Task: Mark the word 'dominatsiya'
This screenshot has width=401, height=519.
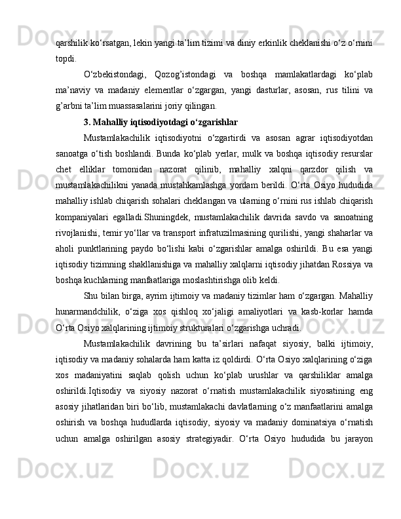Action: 309,423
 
